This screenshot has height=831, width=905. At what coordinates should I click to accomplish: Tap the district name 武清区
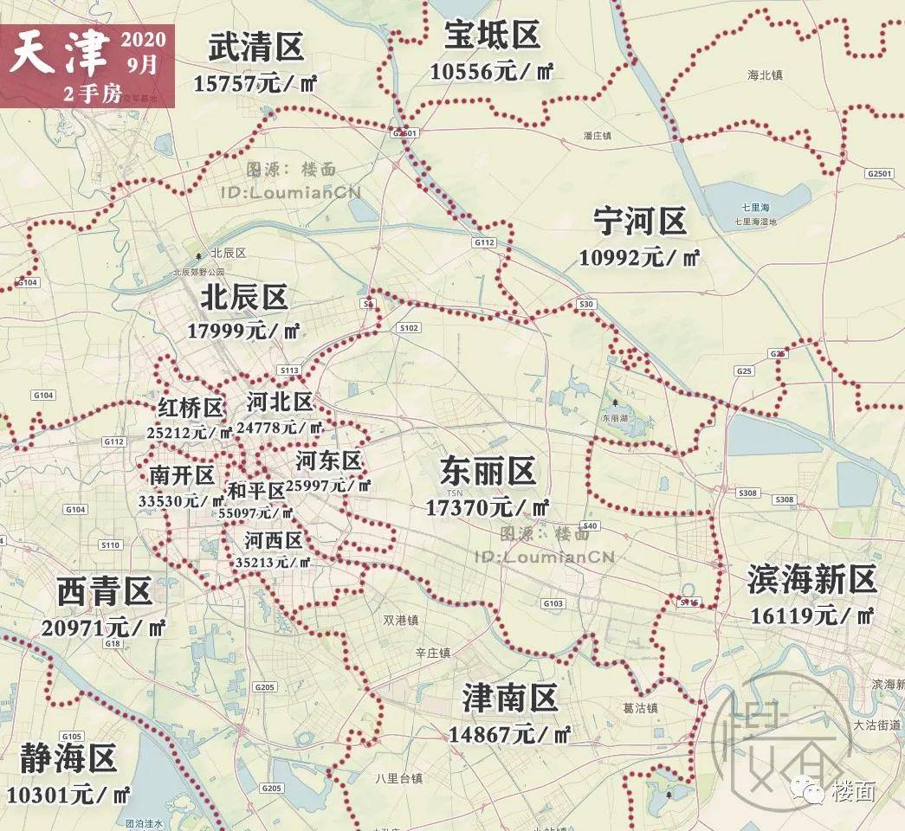(256, 48)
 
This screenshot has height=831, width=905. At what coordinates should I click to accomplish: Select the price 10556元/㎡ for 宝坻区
(492, 72)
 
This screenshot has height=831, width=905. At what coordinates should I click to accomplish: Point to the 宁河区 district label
(640, 222)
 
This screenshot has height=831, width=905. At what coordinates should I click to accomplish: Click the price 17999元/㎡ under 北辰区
(243, 331)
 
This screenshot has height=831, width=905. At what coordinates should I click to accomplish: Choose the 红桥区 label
(191, 408)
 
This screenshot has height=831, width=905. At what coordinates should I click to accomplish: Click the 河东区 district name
(328, 460)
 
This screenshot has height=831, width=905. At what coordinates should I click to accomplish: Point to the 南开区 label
(181, 475)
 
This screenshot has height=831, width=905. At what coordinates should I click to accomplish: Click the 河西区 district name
(274, 541)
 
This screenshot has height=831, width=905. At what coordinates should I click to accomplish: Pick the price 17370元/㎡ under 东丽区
(488, 507)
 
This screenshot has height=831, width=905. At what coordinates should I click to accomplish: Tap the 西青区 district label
(105, 593)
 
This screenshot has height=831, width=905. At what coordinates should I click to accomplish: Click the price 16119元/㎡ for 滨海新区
(812, 615)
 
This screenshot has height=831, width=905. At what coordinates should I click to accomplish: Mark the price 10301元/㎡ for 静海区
(68, 794)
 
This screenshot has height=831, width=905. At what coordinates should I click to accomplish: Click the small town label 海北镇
(765, 75)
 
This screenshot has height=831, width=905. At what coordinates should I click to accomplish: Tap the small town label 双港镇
(401, 621)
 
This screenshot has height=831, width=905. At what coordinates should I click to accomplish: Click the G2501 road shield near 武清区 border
(404, 133)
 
